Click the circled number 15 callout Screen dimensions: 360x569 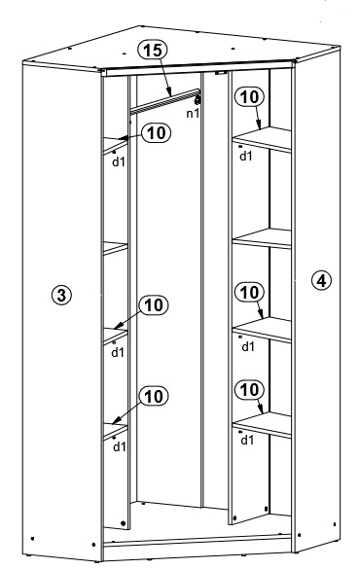point(153,50)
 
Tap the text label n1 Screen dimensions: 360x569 point(193,114)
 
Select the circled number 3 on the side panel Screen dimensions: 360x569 point(61,295)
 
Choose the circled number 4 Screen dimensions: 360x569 point(321,280)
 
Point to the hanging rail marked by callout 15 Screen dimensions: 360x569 point(165,101)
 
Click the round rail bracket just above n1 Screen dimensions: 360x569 point(198,99)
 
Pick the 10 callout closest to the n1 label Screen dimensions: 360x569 point(156,133)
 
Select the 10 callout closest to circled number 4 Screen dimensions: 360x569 point(249,292)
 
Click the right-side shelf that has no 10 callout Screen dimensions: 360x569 point(262,238)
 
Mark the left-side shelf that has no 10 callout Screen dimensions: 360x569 point(116,248)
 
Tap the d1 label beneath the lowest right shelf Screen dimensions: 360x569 point(247,441)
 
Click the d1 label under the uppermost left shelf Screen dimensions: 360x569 point(119,161)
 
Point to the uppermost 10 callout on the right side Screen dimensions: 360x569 point(249,97)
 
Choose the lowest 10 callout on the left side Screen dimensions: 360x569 point(154,396)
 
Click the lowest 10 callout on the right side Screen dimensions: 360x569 point(249,390)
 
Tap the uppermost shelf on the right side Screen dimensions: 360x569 point(262,139)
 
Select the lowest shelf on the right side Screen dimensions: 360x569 point(262,425)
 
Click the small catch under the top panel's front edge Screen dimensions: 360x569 point(220,73)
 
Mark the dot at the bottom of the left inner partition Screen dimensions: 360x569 point(123,523)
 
